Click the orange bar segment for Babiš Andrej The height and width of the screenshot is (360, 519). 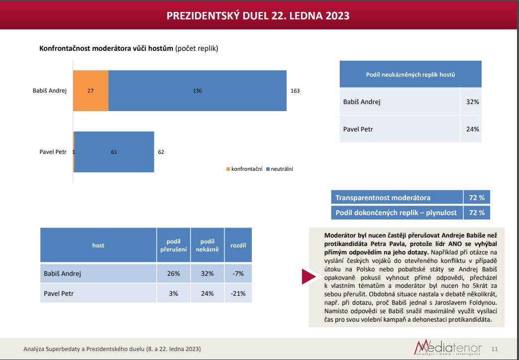click(x=91, y=91)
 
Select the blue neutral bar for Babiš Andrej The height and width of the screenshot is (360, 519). click(x=197, y=91)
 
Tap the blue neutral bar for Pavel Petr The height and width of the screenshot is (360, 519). click(x=114, y=152)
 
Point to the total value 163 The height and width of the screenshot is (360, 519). click(x=295, y=91)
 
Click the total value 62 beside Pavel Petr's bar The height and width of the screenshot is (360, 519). click(x=161, y=152)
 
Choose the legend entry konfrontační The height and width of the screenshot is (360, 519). click(x=244, y=169)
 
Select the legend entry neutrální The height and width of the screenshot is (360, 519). click(x=280, y=169)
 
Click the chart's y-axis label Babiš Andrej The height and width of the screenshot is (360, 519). click(x=50, y=91)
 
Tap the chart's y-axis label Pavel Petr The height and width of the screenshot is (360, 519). click(x=53, y=152)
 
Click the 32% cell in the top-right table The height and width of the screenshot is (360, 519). click(x=472, y=102)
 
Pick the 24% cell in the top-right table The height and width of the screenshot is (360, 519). click(x=472, y=129)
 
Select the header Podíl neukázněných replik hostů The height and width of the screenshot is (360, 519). click(x=411, y=75)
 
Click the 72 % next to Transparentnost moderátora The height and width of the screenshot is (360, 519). click(x=477, y=198)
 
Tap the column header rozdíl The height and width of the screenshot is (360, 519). click(x=238, y=245)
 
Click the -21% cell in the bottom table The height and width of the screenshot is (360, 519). click(x=238, y=293)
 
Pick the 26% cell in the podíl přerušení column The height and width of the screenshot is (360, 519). click(x=174, y=273)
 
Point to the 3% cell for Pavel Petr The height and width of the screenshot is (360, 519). click(x=174, y=293)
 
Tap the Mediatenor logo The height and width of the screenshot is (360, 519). click(x=448, y=348)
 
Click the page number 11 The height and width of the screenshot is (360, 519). click(x=495, y=349)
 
